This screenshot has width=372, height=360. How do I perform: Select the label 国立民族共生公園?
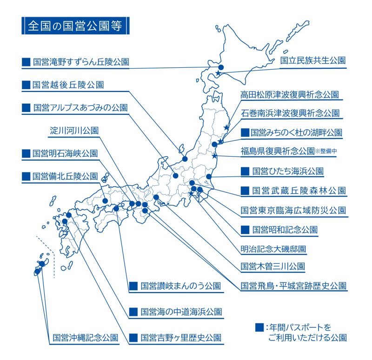point(312,60)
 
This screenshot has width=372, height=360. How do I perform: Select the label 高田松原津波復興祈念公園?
point(290,94)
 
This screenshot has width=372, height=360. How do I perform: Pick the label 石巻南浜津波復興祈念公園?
point(290,113)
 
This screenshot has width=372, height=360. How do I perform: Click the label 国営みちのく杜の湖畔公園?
point(296,132)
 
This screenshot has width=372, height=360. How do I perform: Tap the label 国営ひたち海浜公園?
point(288,171)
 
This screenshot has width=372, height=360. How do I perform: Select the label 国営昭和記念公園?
point(285,229)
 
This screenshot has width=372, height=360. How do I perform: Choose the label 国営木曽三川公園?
point(273,266)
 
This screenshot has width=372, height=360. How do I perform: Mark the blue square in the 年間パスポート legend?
point(259,327)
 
